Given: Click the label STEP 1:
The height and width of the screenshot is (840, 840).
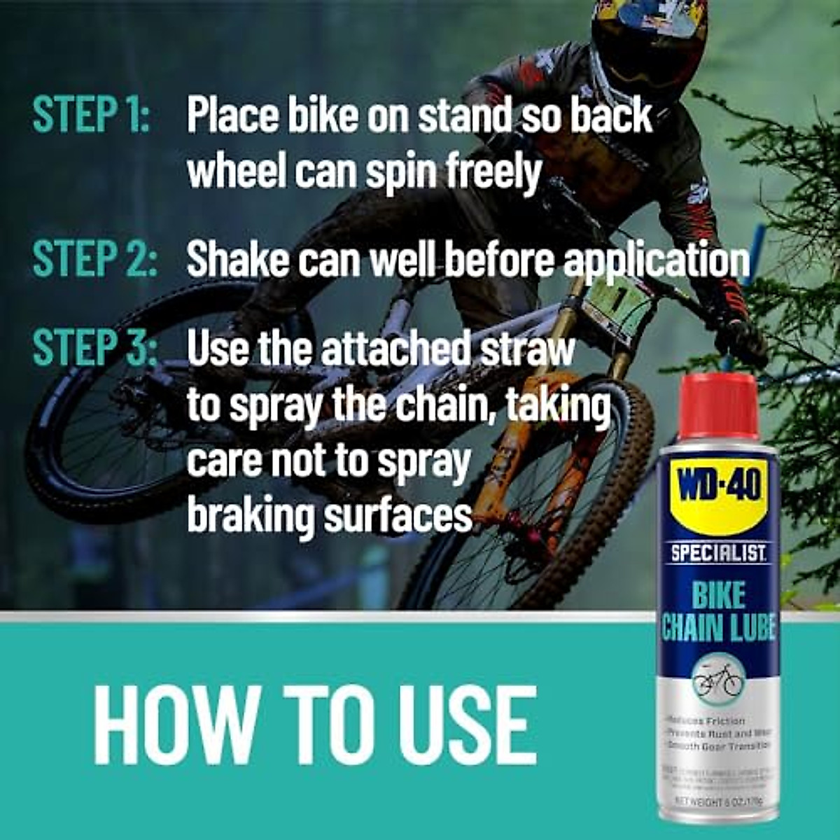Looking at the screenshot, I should tap(91, 115).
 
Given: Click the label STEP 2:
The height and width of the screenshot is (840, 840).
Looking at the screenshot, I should tap(94, 259).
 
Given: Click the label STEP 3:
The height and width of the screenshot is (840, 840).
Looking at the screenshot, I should tap(94, 348).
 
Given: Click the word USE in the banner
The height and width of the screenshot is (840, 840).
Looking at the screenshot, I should tap(463, 724).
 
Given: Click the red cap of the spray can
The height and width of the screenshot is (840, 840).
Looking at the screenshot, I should tap(719, 406).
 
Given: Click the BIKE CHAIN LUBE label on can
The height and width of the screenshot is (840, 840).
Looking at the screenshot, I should tap(719, 612).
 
